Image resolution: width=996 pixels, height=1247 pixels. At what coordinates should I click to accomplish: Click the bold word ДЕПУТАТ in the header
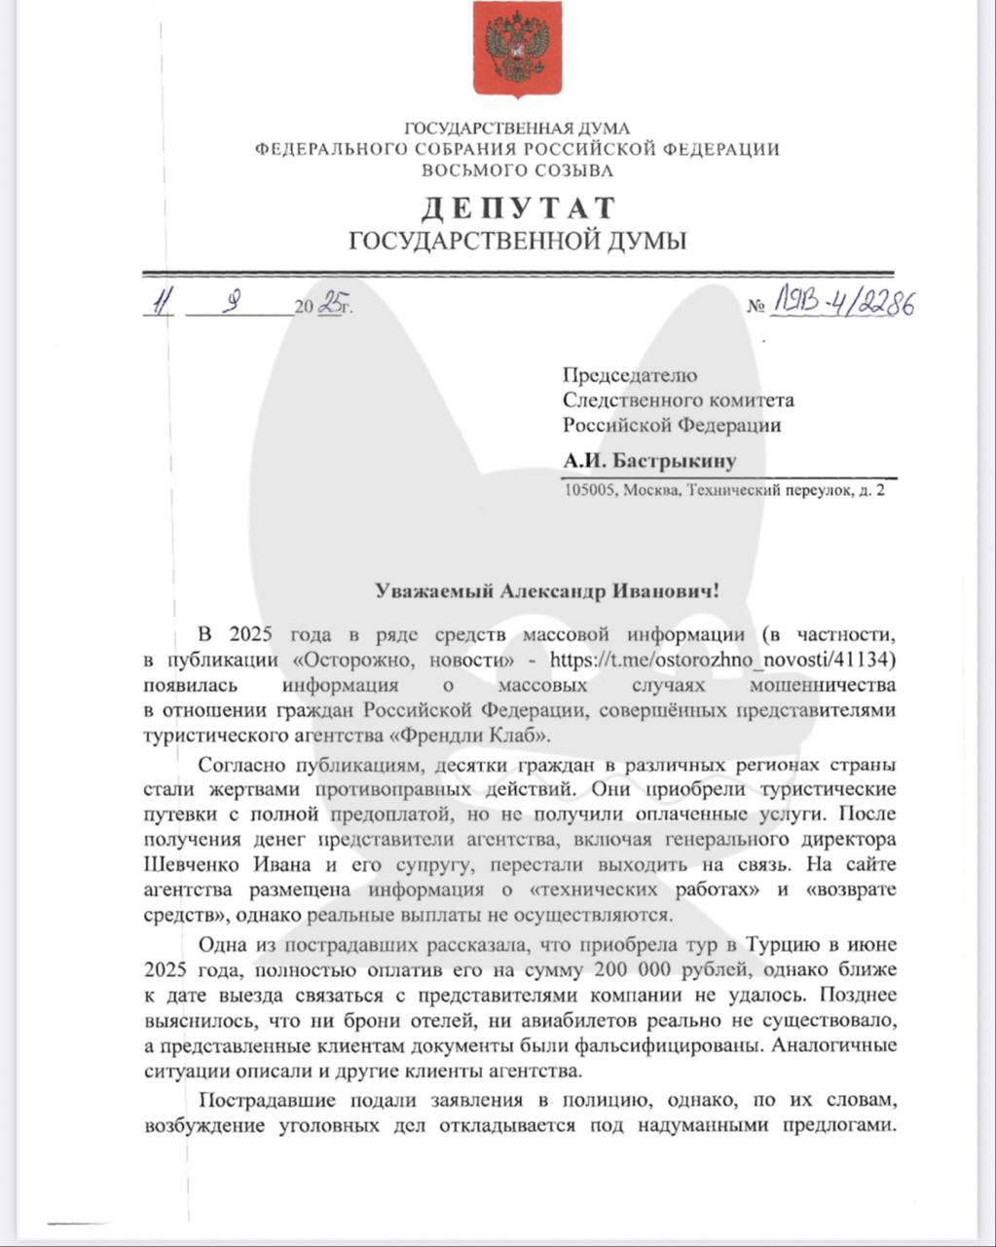pos(518,208)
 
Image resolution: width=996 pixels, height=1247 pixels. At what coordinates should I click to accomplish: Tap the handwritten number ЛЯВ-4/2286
pos(843,304)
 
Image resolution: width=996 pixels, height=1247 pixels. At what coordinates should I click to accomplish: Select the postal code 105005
pos(590,491)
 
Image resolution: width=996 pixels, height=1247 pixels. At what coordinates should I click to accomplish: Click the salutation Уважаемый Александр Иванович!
pos(548,590)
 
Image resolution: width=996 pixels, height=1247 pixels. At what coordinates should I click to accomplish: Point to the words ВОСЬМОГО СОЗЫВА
pos(517,170)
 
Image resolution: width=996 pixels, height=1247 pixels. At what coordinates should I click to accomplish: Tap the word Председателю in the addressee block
pos(630,375)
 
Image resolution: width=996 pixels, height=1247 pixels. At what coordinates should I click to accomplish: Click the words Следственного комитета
pos(678,399)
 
